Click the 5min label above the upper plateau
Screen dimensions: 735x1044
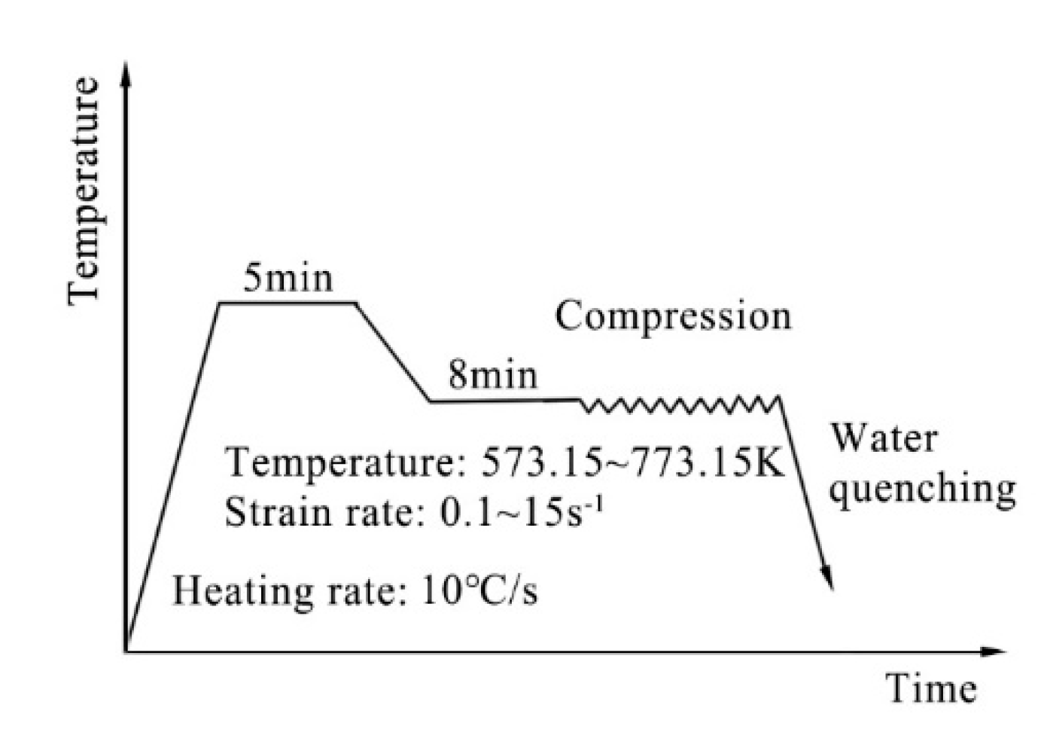coord(288,279)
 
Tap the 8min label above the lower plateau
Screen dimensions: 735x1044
coord(493,374)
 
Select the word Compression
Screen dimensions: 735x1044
coord(673,316)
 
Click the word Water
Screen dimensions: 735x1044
coord(884,438)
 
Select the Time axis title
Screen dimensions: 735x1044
coord(933,688)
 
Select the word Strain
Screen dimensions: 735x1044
coord(268,513)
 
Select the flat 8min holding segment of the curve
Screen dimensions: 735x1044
coord(504,401)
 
